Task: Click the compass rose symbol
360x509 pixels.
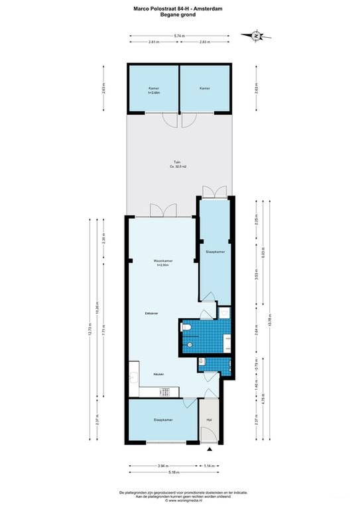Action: [x=255, y=36]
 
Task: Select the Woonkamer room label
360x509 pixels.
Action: [x=163, y=262]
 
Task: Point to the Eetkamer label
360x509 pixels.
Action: [x=152, y=313]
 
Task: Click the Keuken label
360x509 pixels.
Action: [x=159, y=374]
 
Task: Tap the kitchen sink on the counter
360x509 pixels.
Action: [x=135, y=378]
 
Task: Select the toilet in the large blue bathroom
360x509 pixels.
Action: [x=190, y=345]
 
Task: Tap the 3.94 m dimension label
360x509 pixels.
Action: [x=163, y=466]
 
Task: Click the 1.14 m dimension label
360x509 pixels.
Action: [x=209, y=466]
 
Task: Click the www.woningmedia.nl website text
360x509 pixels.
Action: [x=179, y=502]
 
